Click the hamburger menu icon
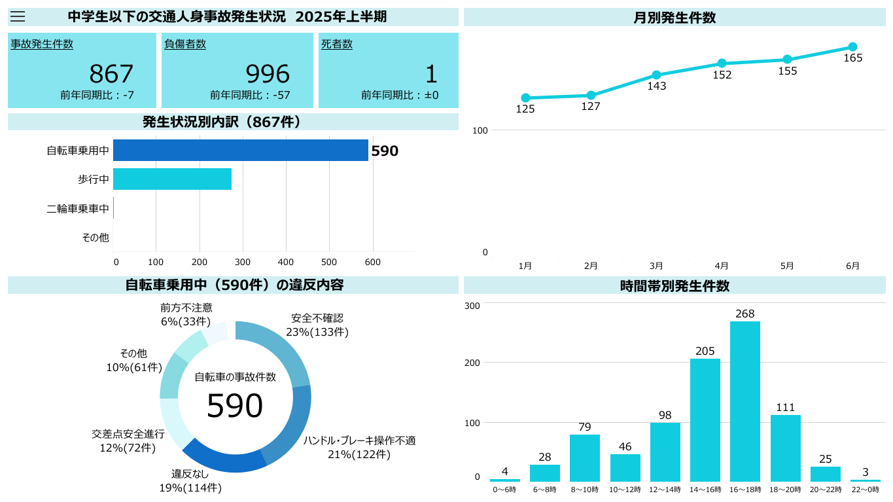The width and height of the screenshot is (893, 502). pos(18,17)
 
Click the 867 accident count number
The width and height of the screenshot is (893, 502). pos(111,74)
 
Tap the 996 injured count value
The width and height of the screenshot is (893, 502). pos(268,74)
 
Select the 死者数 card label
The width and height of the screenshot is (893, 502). pos(337,45)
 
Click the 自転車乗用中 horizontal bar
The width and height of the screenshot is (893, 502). pos(240,150)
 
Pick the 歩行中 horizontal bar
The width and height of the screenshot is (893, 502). pos(172,179)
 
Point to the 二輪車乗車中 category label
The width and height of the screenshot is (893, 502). pos(78,209)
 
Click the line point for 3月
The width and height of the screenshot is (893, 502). pos(656,75)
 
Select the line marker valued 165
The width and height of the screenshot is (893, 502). pos(852,47)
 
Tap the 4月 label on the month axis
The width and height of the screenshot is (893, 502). pos(722,266)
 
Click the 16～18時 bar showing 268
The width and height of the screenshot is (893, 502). pos(745,401)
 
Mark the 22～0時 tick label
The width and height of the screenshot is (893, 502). pos(866,490)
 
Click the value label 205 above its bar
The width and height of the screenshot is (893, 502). pos(705,351)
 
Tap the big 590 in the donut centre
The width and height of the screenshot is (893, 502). pos(235,406)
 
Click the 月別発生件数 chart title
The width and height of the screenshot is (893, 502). pos(674,18)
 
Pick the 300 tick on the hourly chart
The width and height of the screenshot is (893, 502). pos(472,306)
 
